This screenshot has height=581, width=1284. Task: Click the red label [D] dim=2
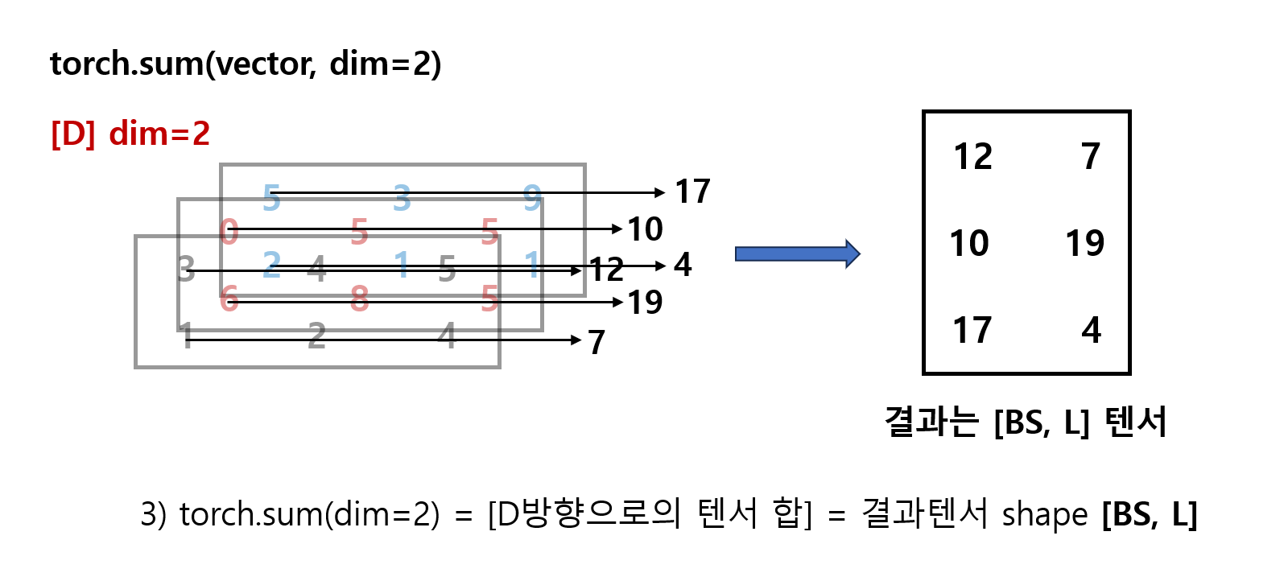(x=130, y=134)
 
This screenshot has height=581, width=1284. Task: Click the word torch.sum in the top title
(x=127, y=64)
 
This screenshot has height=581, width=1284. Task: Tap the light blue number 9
(x=532, y=196)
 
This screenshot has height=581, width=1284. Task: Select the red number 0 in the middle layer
(x=229, y=232)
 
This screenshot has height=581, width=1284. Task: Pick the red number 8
(x=359, y=299)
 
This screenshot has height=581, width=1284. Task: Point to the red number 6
(x=229, y=299)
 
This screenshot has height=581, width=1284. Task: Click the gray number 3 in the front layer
(x=186, y=269)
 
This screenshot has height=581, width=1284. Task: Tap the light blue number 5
(x=271, y=196)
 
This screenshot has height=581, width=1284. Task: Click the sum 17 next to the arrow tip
(x=692, y=192)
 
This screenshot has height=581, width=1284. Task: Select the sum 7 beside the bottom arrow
(x=597, y=342)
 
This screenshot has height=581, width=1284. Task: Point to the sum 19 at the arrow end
(x=645, y=303)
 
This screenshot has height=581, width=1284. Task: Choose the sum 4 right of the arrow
(x=683, y=264)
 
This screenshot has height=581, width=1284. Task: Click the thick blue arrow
(x=797, y=254)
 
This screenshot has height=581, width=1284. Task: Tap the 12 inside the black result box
(x=972, y=156)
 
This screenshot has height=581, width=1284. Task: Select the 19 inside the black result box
(x=1084, y=243)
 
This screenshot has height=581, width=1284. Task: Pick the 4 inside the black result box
(x=1091, y=330)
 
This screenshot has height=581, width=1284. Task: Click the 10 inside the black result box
(x=969, y=243)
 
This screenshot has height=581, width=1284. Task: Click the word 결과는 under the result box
(x=931, y=422)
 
